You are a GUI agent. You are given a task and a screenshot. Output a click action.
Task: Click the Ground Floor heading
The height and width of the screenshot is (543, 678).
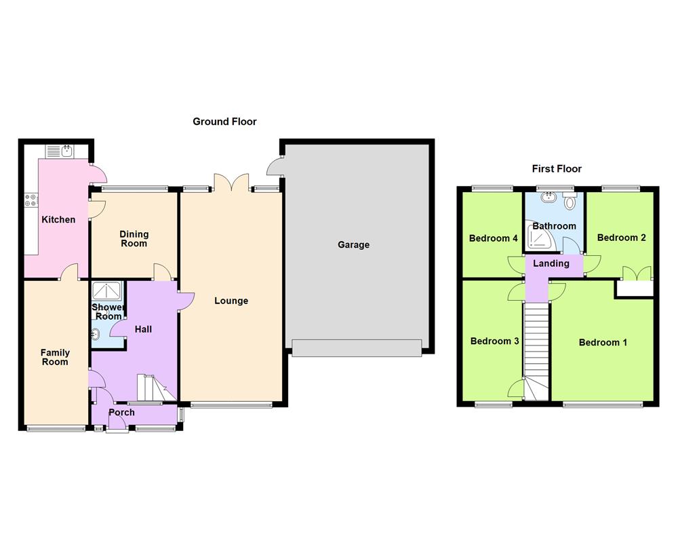pyautogui.click(x=224, y=121)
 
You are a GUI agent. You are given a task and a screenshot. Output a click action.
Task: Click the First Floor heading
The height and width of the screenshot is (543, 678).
pyautogui.click(x=557, y=169)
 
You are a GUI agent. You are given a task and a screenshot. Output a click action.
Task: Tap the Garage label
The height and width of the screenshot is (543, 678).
pyautogui.click(x=353, y=244)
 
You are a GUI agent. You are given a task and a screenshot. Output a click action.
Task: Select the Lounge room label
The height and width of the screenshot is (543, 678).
pyautogui.click(x=231, y=301)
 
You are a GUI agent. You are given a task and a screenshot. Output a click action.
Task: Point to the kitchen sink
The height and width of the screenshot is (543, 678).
pyautogui.click(x=67, y=151)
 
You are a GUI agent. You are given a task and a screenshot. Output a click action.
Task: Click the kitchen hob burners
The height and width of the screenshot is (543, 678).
pyautogui.click(x=31, y=199)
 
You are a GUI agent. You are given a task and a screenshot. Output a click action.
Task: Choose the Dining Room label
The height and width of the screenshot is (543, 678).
pyautogui.click(x=134, y=238)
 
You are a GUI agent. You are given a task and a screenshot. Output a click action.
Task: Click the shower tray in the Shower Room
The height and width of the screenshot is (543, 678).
pyautogui.click(x=107, y=291)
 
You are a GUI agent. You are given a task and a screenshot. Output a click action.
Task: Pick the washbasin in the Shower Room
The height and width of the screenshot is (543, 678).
pyautogui.click(x=96, y=333)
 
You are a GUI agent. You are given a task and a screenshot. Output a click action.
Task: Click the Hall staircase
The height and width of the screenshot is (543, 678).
pyautogui.click(x=155, y=388)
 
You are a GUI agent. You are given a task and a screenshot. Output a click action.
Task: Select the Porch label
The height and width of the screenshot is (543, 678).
pyautogui.click(x=121, y=412)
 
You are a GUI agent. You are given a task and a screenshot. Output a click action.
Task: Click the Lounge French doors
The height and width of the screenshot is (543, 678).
pyautogui.click(x=232, y=182)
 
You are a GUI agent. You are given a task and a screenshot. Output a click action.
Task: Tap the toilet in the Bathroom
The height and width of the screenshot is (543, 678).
pyautogui.click(x=570, y=201)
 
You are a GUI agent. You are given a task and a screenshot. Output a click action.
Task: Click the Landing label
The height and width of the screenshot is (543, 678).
pyautogui.click(x=551, y=263)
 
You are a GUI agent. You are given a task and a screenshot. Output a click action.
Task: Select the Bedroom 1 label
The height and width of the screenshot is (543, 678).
pyautogui.click(x=603, y=342)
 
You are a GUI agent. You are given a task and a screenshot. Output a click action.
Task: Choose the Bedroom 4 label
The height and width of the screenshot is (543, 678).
pyautogui.click(x=494, y=238)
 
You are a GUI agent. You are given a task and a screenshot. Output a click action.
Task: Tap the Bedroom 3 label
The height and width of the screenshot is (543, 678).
pyautogui.click(x=495, y=341)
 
